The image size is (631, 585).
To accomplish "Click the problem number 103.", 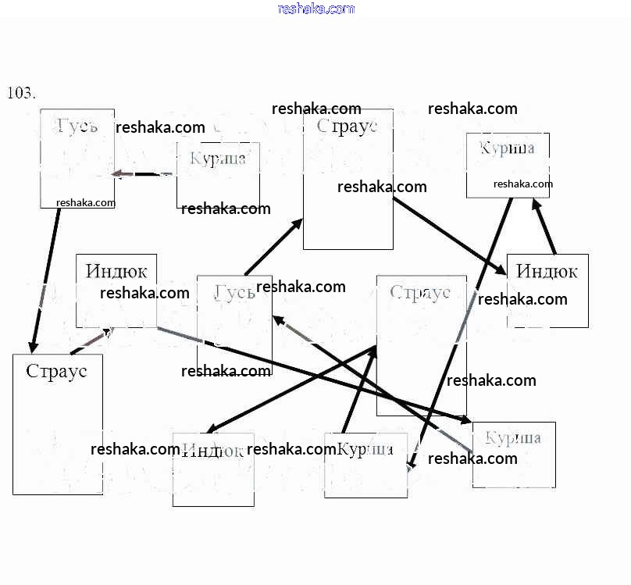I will pyautogui.click(x=21, y=93).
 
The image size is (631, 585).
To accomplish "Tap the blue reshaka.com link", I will pyautogui.click(x=315, y=9).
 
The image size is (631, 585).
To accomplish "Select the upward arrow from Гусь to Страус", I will pyautogui.click(x=273, y=247).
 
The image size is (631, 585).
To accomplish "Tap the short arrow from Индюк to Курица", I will pyautogui.click(x=544, y=226).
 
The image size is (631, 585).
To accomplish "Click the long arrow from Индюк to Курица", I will pyautogui.click(x=312, y=375).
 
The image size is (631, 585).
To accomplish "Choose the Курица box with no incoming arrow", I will pyautogui.click(x=218, y=174).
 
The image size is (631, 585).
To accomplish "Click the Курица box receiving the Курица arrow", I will pyautogui.click(x=365, y=466).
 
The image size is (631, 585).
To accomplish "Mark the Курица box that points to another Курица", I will pyautogui.click(x=508, y=165).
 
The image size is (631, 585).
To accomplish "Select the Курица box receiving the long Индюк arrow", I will pyautogui.click(x=514, y=455).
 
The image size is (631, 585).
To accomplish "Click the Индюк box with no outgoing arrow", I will pyautogui.click(x=213, y=469).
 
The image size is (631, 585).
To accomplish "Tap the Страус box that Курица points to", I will pyautogui.click(x=421, y=345).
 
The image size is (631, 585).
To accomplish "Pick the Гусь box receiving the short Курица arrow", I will pyautogui.click(x=77, y=159).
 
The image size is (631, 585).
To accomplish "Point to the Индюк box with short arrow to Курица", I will pyautogui.click(x=547, y=291).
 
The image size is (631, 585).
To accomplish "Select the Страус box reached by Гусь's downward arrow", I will pyautogui.click(x=57, y=424).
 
